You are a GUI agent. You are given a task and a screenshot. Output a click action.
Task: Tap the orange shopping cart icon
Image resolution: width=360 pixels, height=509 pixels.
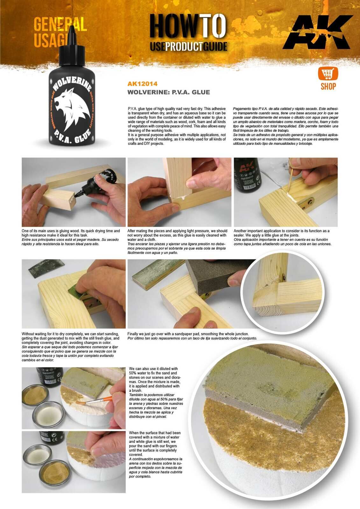[328, 74]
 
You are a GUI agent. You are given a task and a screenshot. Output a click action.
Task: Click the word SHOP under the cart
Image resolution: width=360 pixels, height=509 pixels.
[328, 86]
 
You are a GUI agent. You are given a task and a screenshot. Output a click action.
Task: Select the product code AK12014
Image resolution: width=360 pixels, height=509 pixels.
[142, 84]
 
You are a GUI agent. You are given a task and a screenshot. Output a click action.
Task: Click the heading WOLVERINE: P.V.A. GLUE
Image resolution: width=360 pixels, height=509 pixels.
[168, 92]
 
